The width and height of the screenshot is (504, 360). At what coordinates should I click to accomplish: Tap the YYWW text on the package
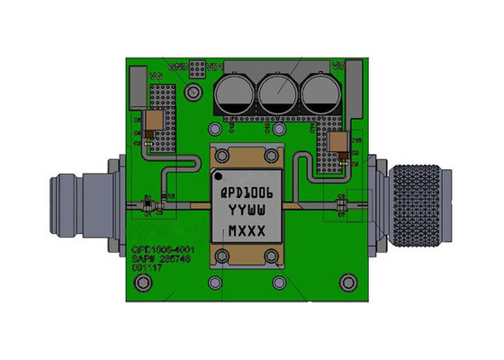pos(252,211)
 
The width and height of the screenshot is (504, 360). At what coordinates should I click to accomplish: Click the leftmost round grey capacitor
pos(236,93)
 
